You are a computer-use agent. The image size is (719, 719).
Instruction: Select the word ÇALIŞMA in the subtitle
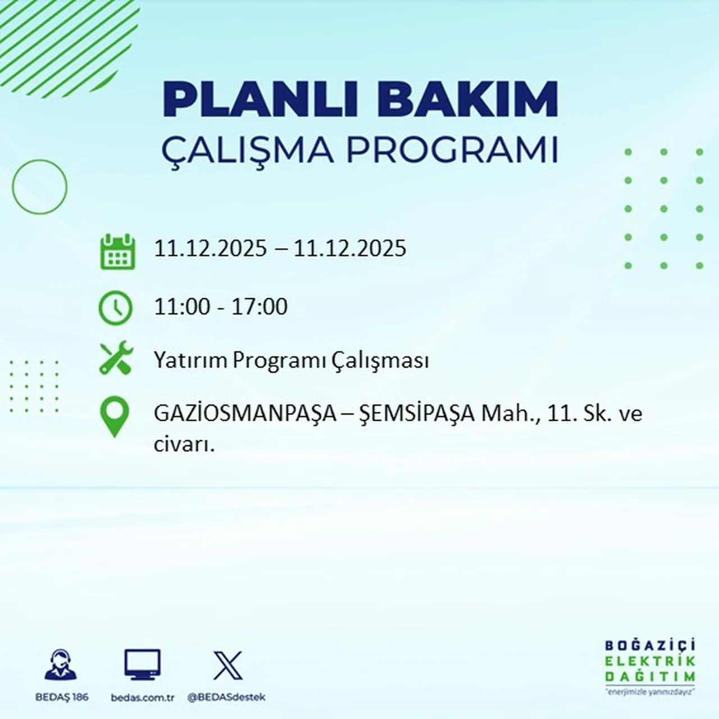(x=247, y=151)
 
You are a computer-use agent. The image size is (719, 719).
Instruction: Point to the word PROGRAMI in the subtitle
(x=452, y=151)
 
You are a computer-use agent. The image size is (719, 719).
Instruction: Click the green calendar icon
(x=117, y=252)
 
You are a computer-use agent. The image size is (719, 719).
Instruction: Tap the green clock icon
(x=116, y=308)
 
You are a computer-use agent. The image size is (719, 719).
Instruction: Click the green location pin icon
(x=114, y=417)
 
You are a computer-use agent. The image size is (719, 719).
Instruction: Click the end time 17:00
(x=260, y=307)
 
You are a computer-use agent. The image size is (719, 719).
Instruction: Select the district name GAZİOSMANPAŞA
(x=245, y=415)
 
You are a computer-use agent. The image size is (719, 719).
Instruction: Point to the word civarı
(x=184, y=445)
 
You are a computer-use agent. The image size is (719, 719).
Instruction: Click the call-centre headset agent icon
(x=61, y=666)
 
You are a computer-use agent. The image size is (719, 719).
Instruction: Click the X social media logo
(x=227, y=666)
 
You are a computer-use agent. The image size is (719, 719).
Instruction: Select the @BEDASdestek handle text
(x=226, y=697)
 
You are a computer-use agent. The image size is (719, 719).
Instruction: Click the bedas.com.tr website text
(x=143, y=698)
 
